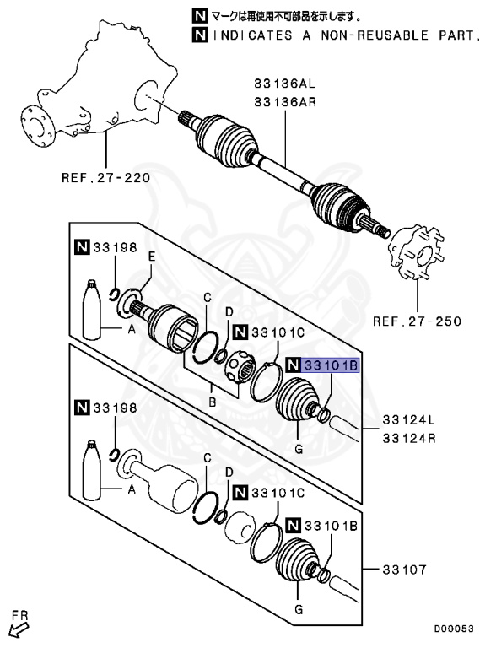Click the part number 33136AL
point(282,84)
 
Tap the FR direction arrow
point(19,624)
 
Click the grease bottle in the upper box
point(90,309)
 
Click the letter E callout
point(152,256)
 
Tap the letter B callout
point(213,402)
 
